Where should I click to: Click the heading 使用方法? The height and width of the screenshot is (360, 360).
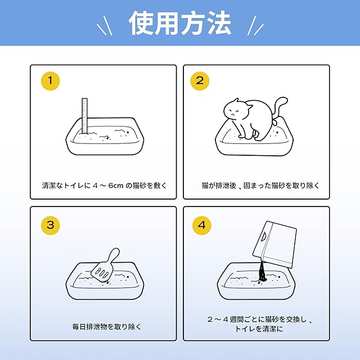(180, 24)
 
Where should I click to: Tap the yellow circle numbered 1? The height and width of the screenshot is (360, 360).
(50, 81)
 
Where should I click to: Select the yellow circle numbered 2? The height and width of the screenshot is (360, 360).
(200, 81)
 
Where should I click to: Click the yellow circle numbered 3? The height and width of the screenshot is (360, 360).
(50, 225)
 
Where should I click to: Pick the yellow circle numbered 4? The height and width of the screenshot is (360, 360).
(202, 225)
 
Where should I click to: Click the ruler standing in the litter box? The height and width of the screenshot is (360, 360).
(84, 116)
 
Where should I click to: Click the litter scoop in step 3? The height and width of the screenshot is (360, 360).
(105, 265)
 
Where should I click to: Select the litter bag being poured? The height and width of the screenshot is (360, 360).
(274, 244)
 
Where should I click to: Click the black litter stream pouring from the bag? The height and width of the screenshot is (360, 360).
(262, 272)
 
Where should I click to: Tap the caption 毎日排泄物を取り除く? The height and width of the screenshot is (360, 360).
(107, 326)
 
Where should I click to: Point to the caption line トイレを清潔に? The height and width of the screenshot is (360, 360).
(259, 328)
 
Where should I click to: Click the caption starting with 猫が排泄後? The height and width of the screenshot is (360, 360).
(260, 185)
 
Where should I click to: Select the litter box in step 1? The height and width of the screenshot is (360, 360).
(105, 136)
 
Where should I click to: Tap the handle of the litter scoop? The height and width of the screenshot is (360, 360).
(113, 255)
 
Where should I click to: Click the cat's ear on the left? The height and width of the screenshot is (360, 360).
(235, 102)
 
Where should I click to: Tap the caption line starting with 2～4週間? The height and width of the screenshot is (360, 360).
(259, 319)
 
